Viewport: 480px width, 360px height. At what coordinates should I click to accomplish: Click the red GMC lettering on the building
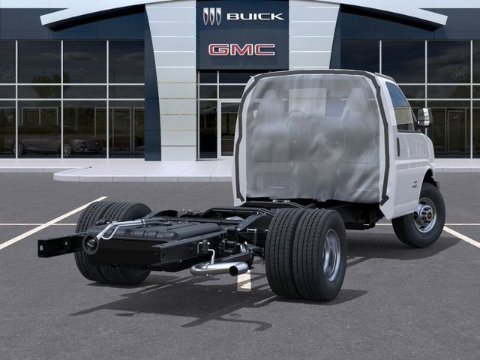point(241,49)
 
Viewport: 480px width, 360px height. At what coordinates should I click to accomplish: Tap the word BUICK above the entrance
point(255,16)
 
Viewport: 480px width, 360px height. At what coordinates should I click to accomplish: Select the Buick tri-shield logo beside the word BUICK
point(212,16)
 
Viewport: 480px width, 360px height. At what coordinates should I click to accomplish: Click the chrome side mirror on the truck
point(424,117)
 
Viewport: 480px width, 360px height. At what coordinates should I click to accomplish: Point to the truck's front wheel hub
point(425,217)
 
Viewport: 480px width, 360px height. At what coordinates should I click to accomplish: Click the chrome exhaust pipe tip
point(238,268)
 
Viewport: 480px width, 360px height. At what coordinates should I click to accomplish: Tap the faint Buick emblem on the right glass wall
point(458,72)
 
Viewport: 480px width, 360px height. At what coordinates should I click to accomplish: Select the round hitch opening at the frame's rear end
point(91,244)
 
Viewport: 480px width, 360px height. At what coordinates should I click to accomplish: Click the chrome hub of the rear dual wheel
point(331,255)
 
